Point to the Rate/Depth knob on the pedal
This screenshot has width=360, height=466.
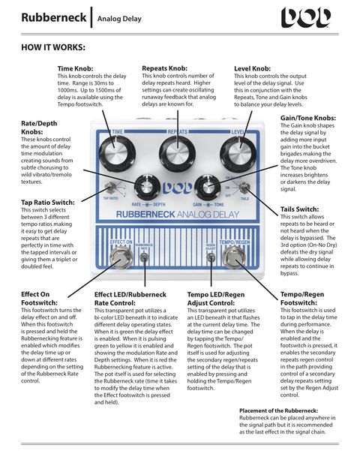tap(143, 188)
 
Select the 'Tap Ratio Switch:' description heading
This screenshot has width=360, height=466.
tap(48, 202)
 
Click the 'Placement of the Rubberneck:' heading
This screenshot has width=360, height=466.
tap(278, 410)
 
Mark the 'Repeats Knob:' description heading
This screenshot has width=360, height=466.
tap(165, 68)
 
